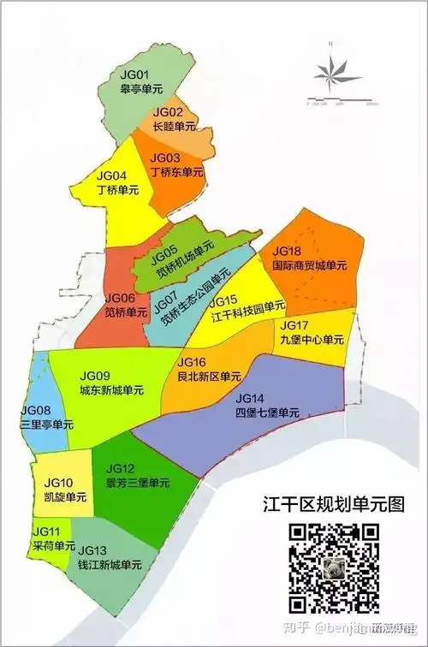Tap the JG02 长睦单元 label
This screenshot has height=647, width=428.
173,120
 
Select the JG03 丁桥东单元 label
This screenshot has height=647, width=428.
176,165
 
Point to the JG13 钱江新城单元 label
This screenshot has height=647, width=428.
104,558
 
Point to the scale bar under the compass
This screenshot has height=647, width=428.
341,103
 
